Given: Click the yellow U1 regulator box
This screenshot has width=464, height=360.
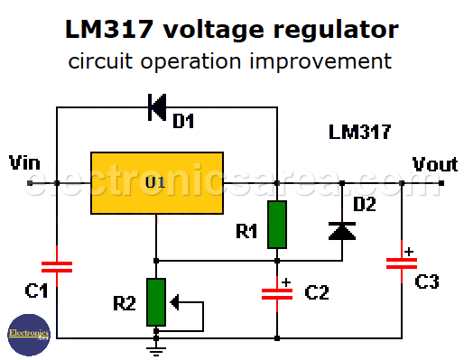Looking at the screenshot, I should click(156, 183).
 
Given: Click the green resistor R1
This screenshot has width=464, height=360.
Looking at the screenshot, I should click(276, 224).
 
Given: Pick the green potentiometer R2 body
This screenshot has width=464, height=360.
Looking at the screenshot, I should click(156, 302).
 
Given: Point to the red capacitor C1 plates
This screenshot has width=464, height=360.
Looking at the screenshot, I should click(57, 266).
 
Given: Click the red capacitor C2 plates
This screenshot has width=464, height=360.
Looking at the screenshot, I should click(276, 293).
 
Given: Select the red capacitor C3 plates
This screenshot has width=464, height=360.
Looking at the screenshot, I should click(400, 263).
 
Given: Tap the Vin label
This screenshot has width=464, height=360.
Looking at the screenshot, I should click(24, 163).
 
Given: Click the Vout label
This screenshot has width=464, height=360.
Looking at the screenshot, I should click(435, 163).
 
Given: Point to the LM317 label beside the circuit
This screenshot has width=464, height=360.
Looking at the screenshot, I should click(359, 133).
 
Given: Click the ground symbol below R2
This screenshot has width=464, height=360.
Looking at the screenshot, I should click(156, 341).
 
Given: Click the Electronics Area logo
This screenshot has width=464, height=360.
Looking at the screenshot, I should click(26, 334).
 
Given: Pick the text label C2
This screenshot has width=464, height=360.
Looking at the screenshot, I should click(317, 292).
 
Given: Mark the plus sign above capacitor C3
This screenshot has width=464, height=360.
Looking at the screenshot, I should click(408, 251).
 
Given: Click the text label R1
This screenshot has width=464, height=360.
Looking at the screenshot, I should click(246, 232).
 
